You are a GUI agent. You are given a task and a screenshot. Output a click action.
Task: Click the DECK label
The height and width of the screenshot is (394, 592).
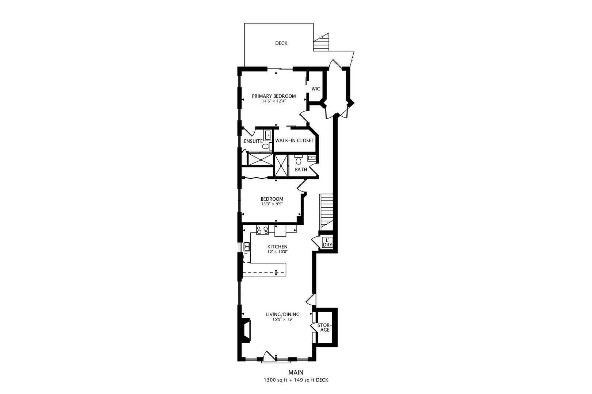pyautogui.click(x=281, y=43)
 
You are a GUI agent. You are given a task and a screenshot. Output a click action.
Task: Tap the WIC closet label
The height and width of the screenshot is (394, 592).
pyautogui.click(x=316, y=89)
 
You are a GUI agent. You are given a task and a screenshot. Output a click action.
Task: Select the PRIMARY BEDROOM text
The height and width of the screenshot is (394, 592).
pyautogui.click(x=274, y=96)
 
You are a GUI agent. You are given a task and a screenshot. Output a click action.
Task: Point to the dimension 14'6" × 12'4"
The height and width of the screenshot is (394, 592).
pyautogui.click(x=274, y=101)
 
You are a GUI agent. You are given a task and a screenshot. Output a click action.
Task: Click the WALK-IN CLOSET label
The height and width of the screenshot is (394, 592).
pyautogui.click(x=295, y=141)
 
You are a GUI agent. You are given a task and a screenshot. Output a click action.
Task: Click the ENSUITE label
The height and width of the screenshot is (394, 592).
pyautogui.click(x=253, y=141)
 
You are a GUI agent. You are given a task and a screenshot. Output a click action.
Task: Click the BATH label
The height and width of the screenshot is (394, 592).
pyautogui.click(x=301, y=170)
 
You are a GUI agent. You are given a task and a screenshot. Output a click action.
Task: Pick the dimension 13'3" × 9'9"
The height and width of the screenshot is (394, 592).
pyautogui.click(x=272, y=204)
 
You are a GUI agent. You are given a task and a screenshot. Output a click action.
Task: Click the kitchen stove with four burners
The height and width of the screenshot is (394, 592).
pyautogui.click(x=262, y=230)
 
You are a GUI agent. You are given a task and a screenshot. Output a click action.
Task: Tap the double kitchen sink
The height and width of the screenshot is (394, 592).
pyautogui.click(x=247, y=247)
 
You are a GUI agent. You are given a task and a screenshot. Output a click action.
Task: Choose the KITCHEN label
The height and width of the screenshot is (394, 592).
pyautogui.click(x=277, y=247)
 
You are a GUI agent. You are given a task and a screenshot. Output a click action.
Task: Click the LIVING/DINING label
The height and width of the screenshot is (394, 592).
pyautogui.click(x=282, y=314)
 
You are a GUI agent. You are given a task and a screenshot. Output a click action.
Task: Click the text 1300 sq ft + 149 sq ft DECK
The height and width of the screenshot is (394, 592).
pyautogui.click(x=296, y=380)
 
